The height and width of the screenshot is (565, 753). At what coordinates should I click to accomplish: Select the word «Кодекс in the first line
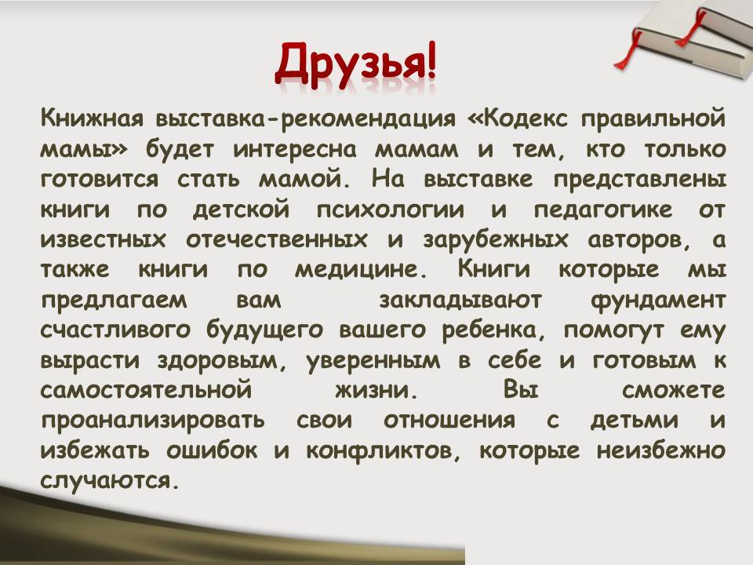point(518,118)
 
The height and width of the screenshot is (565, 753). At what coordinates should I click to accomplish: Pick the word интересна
point(295,149)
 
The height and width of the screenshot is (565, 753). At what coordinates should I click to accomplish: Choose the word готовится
point(100,179)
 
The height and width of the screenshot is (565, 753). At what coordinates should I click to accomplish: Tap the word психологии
point(390,210)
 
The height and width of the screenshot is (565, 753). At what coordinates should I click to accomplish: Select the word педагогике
point(602,210)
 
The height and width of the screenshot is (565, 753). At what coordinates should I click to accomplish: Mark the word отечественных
point(277,240)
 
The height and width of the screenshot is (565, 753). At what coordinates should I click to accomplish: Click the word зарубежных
point(495,240)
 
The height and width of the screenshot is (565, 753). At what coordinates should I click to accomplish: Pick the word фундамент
point(658,301)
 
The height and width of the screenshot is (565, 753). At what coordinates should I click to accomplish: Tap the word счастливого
point(115,330)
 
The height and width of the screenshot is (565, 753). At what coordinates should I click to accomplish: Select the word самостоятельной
point(146,390)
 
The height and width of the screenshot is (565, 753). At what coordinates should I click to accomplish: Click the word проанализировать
point(153,421)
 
